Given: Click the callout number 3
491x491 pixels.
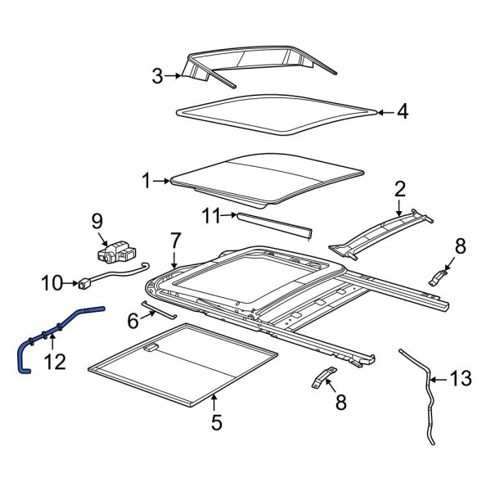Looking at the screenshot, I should (x=157, y=77).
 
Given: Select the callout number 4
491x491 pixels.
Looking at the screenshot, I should (x=402, y=112).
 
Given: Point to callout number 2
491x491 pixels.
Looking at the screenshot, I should (x=399, y=190).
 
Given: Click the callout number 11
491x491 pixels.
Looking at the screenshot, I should (x=211, y=215).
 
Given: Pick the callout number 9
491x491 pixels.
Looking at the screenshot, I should (x=97, y=220).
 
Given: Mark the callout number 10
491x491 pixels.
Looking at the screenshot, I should (x=51, y=283).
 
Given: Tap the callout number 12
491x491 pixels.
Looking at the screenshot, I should (x=55, y=360).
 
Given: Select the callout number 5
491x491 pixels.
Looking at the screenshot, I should (x=215, y=422).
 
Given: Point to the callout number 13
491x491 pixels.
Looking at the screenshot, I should (x=461, y=378).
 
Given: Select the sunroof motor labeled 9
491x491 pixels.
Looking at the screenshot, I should (x=117, y=250).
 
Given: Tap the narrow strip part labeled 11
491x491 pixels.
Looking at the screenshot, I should (x=274, y=224).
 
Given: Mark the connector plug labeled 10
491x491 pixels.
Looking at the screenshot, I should (x=85, y=284).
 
